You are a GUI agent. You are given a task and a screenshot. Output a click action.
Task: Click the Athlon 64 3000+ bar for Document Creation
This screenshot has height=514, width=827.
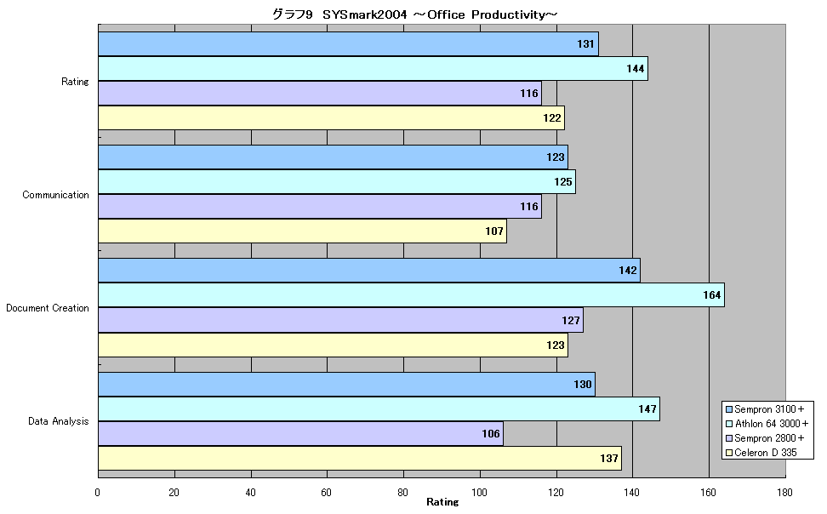coord(412,295)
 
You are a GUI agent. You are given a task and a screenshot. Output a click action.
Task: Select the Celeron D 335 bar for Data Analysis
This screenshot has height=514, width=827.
coord(360,458)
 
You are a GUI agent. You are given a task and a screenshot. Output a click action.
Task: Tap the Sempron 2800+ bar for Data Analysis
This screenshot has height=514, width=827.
coord(300,434)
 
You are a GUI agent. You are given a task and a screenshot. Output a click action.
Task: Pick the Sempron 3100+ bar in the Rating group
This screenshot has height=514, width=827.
coord(349,43)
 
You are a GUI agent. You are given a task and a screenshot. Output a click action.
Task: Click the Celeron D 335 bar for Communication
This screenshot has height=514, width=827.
coord(303,231)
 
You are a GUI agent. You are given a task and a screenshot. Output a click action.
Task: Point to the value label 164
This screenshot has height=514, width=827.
coord(711,295)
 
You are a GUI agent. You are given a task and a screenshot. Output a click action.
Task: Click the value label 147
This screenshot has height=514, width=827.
coord(647,409)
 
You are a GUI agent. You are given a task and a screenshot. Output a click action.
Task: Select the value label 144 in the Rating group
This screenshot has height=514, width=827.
coord(635,69)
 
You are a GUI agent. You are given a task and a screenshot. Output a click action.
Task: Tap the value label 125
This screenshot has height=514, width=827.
coord(562,182)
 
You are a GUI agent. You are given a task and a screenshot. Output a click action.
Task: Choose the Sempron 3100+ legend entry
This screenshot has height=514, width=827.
coord(765,409)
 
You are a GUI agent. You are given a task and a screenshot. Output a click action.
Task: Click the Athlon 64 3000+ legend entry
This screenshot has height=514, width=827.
coord(767,424)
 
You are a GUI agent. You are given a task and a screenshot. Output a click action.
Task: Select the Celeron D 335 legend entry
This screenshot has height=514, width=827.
coord(761,453)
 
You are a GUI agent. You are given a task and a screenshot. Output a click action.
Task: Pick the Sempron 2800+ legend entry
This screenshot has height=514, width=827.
coord(765,438)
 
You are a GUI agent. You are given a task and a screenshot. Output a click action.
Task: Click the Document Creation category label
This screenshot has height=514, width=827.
coord(48,308)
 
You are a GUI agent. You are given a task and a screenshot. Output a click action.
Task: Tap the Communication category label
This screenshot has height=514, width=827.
coord(55,195)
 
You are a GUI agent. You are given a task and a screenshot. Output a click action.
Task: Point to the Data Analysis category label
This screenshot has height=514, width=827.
coord(58,421)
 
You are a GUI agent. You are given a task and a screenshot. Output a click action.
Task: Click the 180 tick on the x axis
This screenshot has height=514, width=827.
coord(784,493)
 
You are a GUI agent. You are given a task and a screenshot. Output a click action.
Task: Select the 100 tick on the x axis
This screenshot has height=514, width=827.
coord(479,493)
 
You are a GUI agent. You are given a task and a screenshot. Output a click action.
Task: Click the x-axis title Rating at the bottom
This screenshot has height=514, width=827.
coord(442,502)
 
